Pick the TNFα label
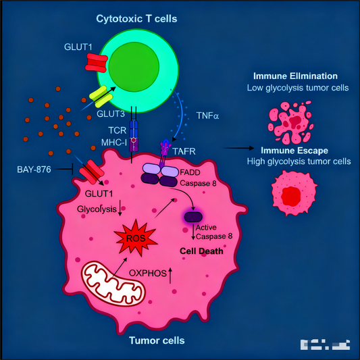tap(207, 115)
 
